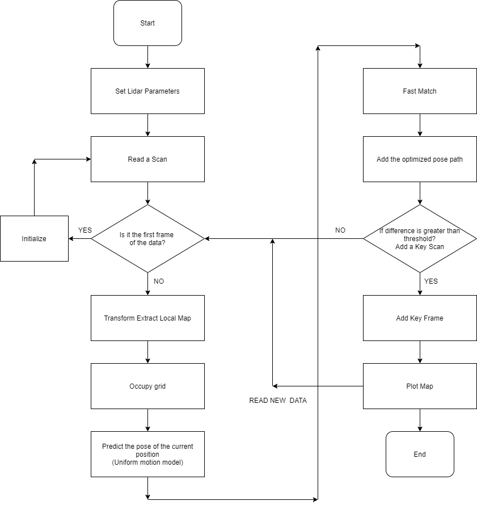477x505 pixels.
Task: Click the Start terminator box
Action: (x=147, y=23)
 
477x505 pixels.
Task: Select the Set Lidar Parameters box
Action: (x=147, y=91)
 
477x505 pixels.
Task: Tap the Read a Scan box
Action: (x=147, y=159)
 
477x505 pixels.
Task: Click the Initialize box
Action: (x=34, y=239)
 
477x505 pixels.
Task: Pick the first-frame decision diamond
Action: (x=147, y=238)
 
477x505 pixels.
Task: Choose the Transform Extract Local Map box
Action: (x=147, y=318)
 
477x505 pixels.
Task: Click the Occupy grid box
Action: (x=147, y=386)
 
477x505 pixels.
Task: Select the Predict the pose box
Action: (x=147, y=454)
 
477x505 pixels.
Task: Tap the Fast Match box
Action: (x=420, y=91)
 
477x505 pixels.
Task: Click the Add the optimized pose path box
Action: (x=420, y=159)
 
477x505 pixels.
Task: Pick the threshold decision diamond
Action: (x=420, y=238)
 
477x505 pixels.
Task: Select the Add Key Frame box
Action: (x=420, y=318)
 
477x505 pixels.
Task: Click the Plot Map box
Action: (x=420, y=386)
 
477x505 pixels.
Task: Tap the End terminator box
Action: (x=420, y=454)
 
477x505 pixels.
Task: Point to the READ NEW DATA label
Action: (x=278, y=401)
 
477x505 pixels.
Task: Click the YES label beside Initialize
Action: (x=85, y=230)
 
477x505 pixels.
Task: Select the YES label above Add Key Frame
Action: (x=430, y=281)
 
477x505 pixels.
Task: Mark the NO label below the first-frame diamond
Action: (x=159, y=281)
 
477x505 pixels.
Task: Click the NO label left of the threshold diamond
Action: (x=340, y=230)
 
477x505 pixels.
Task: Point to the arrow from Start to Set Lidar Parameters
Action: (x=147, y=57)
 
